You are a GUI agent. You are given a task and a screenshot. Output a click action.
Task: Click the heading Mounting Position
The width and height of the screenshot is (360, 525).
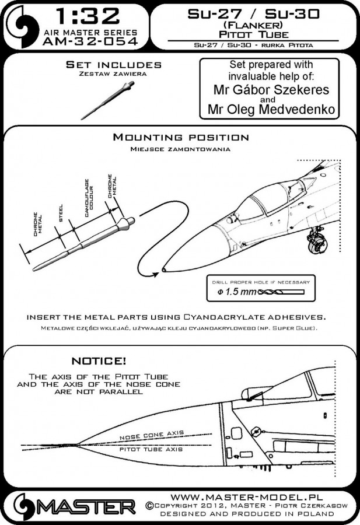pos(181,138)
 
